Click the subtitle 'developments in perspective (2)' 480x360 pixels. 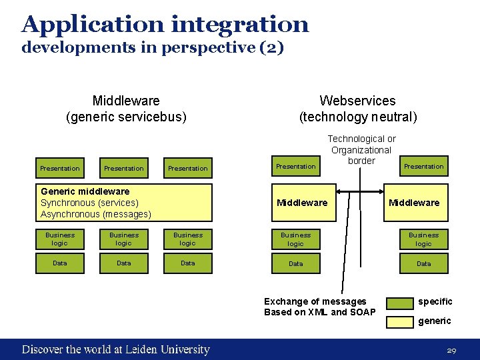point(153,48)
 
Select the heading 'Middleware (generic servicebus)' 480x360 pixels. point(126,109)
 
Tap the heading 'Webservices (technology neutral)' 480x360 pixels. point(357,109)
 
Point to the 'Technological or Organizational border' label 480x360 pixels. point(362,150)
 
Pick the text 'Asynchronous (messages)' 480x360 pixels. point(96,214)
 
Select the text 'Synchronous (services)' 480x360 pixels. point(89,203)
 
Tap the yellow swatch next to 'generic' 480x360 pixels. point(401,321)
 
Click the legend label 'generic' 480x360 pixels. point(434,321)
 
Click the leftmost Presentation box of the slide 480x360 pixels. point(60,168)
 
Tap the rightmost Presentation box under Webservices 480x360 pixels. point(423,167)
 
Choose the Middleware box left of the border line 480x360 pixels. point(302,203)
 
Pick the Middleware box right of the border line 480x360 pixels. point(414,203)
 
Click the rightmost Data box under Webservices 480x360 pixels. point(423,263)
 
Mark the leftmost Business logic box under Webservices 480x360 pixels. point(295,239)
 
